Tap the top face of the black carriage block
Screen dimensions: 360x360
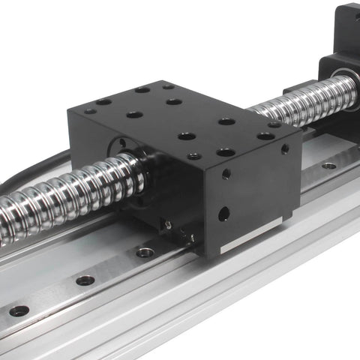[180, 120]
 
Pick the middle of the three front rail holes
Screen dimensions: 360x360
[85, 280]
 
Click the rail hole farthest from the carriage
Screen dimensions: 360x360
[19, 310]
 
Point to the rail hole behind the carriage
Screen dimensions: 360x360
[328, 165]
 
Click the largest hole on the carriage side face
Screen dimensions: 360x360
[223, 214]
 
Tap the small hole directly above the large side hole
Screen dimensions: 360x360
[226, 174]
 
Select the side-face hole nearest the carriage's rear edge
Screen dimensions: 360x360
[285, 149]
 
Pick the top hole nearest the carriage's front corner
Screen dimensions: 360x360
[194, 156]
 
